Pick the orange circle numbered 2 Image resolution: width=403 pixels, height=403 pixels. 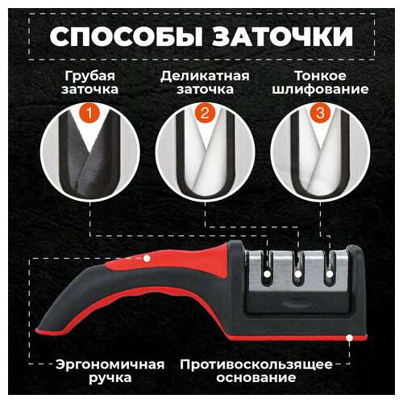(x=206, y=113)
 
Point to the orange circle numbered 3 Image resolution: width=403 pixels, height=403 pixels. (x=320, y=113)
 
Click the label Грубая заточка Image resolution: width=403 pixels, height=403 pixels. (x=91, y=81)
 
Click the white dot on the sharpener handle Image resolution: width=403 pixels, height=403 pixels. (x=147, y=258)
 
